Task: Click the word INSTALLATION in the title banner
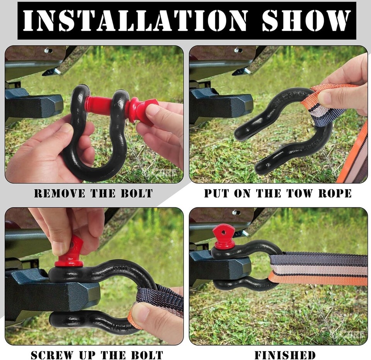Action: (x=135, y=20)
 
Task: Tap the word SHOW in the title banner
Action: (x=306, y=20)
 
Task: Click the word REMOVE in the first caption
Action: (x=60, y=193)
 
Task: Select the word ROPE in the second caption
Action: (x=335, y=193)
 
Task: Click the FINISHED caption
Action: (x=285, y=355)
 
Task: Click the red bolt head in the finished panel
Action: (x=223, y=236)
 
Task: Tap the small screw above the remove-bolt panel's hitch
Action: (x=48, y=50)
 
